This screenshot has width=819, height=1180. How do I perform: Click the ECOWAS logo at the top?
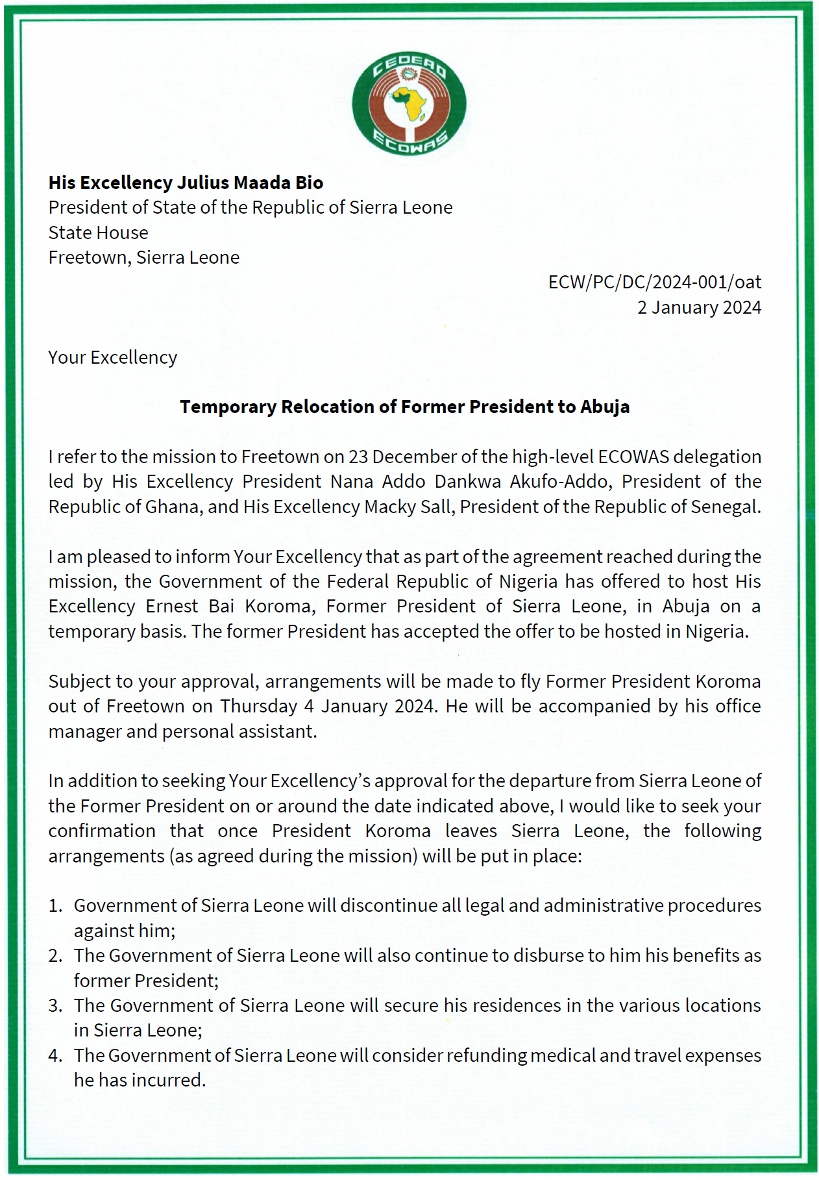(409, 105)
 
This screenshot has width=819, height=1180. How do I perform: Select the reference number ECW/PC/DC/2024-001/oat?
(654, 282)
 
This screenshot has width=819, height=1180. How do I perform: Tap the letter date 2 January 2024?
(699, 307)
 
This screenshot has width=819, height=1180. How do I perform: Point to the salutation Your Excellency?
(112, 357)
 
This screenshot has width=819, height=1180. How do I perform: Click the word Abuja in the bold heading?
(605, 407)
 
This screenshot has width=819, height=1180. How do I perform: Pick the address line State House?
(98, 232)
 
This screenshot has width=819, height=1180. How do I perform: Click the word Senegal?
(726, 507)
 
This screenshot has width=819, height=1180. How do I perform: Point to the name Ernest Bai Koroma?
(230, 606)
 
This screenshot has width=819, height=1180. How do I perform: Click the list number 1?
(55, 905)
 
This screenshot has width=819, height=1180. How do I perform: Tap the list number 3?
(55, 1005)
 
